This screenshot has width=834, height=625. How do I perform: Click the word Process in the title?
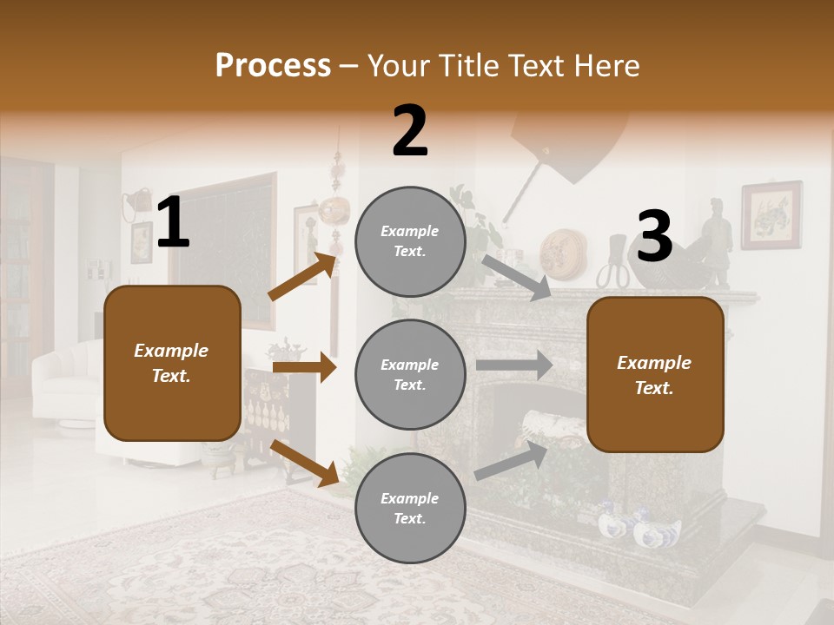click(x=273, y=65)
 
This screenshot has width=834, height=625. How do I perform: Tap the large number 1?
click(x=173, y=223)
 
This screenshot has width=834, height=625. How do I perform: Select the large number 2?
click(x=410, y=131)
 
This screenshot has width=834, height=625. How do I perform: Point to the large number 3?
click(x=655, y=237)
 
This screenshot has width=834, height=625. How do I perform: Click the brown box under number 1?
click(x=172, y=363)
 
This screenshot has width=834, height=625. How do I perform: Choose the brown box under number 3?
click(x=655, y=374)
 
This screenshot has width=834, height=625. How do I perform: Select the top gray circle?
click(x=410, y=241)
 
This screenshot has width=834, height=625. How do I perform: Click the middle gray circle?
click(x=410, y=374)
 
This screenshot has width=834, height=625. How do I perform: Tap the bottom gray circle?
click(x=410, y=508)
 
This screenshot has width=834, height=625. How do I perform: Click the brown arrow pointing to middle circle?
click(x=304, y=367)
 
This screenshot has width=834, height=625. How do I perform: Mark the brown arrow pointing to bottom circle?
click(x=305, y=463)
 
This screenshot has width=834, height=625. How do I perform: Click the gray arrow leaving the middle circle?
click(x=514, y=365)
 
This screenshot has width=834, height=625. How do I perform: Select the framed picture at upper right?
click(x=771, y=214)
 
